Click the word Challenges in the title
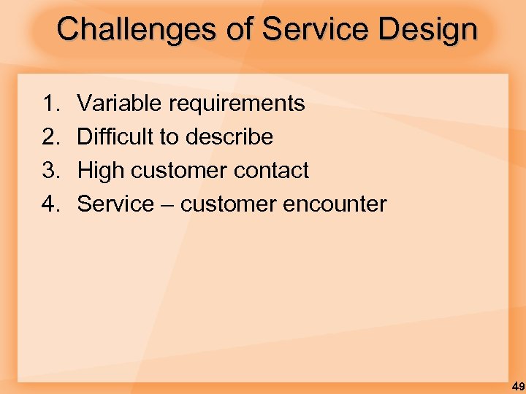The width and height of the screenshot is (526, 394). (x=136, y=30)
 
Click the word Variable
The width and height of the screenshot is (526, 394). (x=119, y=104)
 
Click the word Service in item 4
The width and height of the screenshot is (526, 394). (x=115, y=204)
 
